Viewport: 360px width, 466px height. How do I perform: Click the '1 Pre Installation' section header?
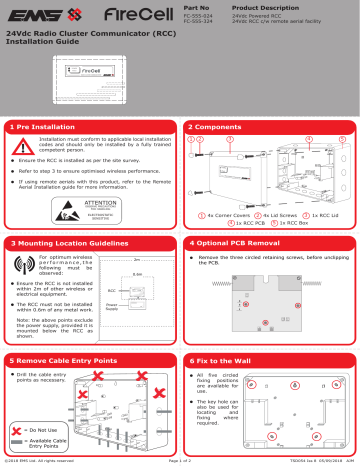click(47, 128)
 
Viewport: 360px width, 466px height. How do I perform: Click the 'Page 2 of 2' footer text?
click(180, 461)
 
